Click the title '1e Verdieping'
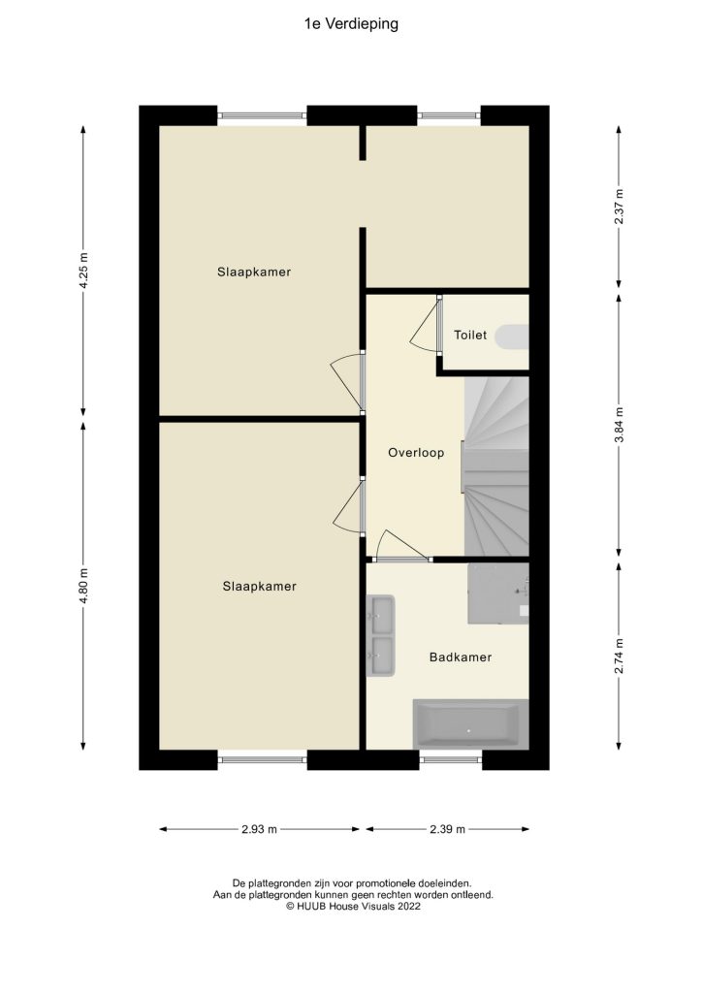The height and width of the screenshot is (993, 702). [x=351, y=24]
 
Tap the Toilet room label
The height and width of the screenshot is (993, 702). [x=470, y=336]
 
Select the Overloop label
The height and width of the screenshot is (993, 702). [x=416, y=453]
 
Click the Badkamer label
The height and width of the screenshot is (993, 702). [x=461, y=657]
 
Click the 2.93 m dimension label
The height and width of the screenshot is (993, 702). [x=259, y=829]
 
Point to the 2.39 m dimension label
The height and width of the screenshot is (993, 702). [x=447, y=829]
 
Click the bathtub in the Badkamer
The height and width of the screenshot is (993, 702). [x=470, y=723]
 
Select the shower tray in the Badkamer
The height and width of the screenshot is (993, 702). [x=498, y=593]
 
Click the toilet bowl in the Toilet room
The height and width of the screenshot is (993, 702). [x=512, y=336]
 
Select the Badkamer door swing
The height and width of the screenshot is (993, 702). [x=399, y=547]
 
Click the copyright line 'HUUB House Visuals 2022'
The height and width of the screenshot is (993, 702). [x=351, y=906]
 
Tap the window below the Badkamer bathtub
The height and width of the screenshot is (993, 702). [x=451, y=759]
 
